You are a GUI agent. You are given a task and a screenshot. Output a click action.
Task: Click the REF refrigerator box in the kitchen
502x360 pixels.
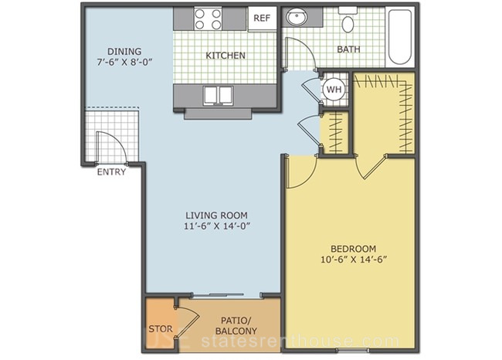[x=263, y=19]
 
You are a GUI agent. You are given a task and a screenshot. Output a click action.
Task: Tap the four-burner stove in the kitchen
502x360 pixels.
[x=208, y=19]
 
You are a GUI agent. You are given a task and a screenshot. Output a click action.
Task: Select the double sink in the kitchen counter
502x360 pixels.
[x=219, y=96]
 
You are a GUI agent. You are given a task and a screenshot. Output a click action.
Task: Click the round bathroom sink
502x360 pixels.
[x=296, y=17]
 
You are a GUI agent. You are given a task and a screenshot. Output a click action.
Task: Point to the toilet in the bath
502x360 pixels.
[x=348, y=21]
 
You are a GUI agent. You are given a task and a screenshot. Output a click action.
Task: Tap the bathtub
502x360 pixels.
[x=400, y=37]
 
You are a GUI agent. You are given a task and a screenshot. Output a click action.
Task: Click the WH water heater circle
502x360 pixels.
[x=334, y=90]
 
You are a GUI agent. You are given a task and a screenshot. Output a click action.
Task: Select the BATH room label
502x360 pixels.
[x=348, y=49]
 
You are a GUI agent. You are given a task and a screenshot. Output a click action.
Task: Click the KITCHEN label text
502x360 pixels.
[x=226, y=56]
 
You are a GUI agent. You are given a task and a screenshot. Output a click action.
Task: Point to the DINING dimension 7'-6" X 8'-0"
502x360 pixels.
[x=124, y=62]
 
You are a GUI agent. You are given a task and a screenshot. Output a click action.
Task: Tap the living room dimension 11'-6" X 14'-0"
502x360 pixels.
[x=217, y=226]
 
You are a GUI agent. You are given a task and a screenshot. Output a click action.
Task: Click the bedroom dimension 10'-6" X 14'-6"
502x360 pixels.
[x=354, y=259]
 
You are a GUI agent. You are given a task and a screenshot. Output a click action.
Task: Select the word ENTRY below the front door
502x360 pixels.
[x=111, y=172]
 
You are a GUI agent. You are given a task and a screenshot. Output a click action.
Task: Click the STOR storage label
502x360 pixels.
[x=161, y=329]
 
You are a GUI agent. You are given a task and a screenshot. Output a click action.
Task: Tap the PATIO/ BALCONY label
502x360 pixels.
[x=236, y=325]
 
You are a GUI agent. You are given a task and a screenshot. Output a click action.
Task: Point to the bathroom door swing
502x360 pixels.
[x=307, y=47]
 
